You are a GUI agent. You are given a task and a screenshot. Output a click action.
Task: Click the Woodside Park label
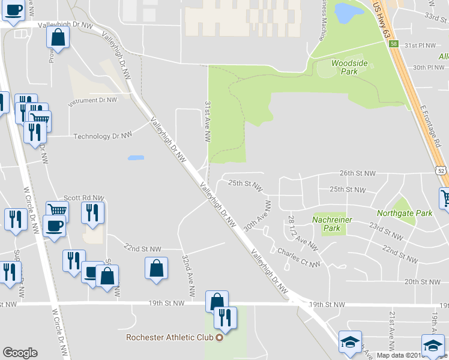[345, 67]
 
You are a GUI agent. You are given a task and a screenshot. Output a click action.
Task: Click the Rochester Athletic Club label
[170, 337]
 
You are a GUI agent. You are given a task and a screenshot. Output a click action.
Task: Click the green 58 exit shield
[393, 44]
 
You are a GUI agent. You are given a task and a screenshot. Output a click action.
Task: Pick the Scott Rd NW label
[84, 197]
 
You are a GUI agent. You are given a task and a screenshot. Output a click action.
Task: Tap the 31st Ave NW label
[208, 121]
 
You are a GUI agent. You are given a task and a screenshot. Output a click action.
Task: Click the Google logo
[20, 353]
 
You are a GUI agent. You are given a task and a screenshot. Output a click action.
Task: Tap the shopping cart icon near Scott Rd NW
[58, 211]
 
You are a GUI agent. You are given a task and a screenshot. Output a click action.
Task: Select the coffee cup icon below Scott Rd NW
[54, 226]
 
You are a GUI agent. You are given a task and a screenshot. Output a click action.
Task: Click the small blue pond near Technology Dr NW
[136, 158]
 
